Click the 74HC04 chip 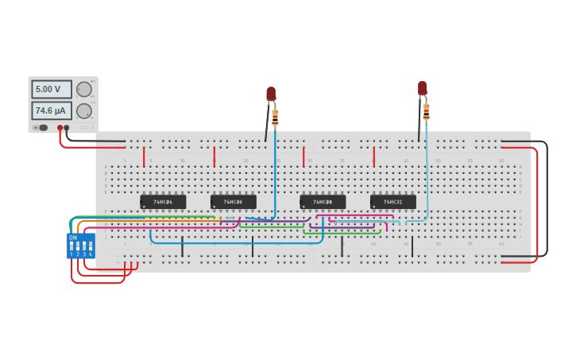163,202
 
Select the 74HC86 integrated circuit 233,202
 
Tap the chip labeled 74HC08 323,202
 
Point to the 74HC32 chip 392,202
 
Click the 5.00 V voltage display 52,89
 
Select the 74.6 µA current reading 52,110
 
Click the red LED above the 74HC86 271,94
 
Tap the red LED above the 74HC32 422,87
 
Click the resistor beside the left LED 275,118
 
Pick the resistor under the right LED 426,111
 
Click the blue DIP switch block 81,246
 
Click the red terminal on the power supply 60,128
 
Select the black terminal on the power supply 67,128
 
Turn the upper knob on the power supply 83,89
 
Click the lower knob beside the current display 83,110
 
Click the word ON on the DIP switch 73,238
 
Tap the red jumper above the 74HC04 144,157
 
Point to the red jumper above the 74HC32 373,157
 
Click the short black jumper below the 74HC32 412,246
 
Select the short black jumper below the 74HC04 182,246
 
